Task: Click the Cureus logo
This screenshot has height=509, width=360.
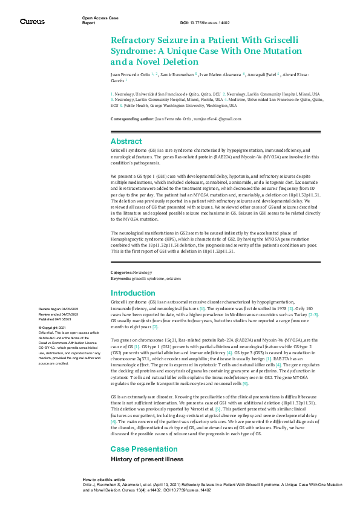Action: coord(32,21)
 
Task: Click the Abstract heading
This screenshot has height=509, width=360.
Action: coord(126,141)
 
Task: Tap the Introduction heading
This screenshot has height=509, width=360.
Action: coord(133,293)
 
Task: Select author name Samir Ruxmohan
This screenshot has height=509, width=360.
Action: coord(177,74)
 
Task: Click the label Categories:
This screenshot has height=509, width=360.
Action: coord(121,273)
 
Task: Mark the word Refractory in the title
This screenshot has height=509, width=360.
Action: coord(134,40)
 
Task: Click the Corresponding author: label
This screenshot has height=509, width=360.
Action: coord(133,119)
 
